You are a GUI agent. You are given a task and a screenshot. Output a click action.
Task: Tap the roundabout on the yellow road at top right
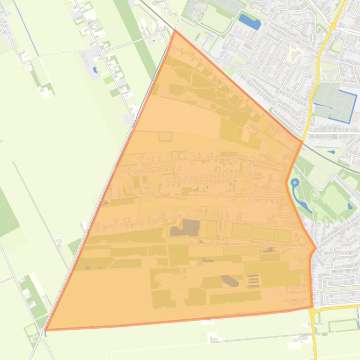(332, 26)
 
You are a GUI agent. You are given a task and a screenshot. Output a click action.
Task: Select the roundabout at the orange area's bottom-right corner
(312, 310)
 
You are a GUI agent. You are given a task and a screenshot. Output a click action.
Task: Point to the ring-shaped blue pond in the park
(295, 182)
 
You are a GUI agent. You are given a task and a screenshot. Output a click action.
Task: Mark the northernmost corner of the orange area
(175, 30)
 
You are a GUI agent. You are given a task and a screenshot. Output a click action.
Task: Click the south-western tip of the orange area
(45, 330)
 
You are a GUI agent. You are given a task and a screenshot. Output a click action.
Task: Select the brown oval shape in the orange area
(229, 281)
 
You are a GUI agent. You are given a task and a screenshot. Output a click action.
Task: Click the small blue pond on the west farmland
(96, 71)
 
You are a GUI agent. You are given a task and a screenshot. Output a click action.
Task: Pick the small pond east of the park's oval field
(350, 206)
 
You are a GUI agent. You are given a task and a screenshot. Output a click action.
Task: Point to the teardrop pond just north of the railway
(331, 152)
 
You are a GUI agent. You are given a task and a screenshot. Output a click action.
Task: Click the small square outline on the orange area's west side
(165, 137)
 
